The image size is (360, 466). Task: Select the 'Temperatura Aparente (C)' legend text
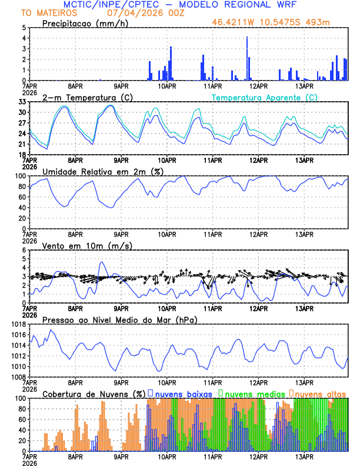tap(265, 97)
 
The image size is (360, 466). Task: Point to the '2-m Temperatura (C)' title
tap(88, 97)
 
